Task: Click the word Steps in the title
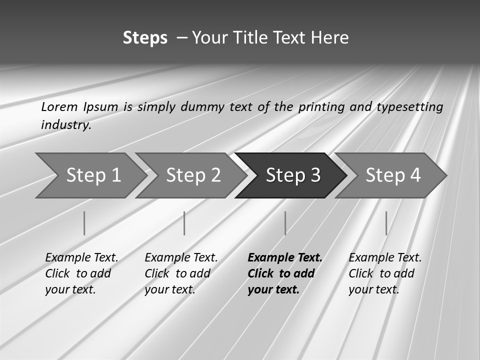coord(145,38)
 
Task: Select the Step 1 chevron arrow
coord(90,175)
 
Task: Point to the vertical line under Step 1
coord(84,223)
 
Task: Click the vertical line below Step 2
coord(184,223)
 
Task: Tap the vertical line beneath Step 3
coord(285,223)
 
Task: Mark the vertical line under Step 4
coord(386,223)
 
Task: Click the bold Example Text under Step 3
coord(284,273)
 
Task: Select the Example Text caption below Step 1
coord(81,273)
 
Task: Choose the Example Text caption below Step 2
coord(181,273)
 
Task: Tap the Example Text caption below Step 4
coord(385,273)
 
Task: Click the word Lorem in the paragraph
coord(59,106)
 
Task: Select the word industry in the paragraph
coord(65,124)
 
